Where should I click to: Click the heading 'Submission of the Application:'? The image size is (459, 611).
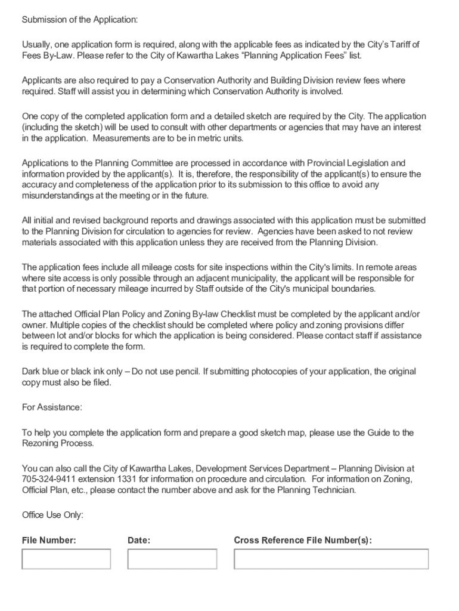click(x=80, y=20)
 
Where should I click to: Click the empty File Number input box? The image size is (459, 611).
click(x=66, y=559)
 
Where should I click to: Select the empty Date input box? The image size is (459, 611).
click(x=172, y=559)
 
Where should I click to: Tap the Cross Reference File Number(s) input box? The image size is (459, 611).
click(x=331, y=559)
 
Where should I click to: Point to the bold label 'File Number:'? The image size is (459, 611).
click(x=49, y=541)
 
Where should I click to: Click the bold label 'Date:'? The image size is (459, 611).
click(x=139, y=541)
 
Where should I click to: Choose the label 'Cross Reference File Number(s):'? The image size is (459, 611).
click(x=303, y=541)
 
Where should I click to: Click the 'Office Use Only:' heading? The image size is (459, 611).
click(x=52, y=514)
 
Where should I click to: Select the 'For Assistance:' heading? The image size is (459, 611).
click(x=52, y=407)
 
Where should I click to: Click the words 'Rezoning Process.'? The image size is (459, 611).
click(x=58, y=443)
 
